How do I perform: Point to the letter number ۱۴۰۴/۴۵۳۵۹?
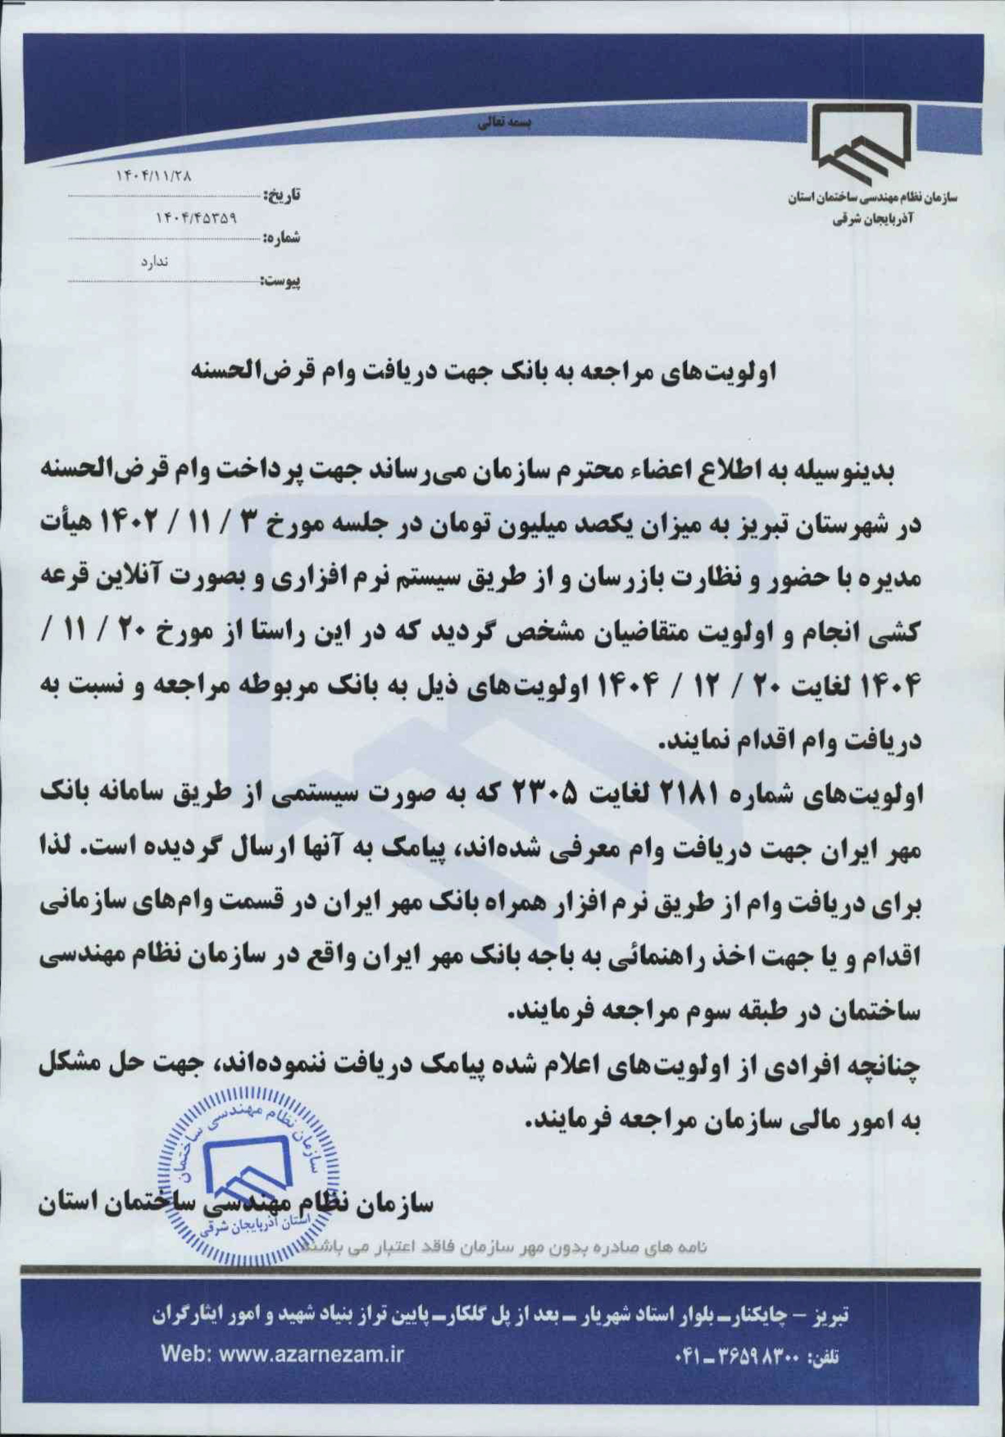coord(195,219)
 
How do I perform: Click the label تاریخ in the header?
coord(282,196)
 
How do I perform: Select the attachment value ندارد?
coord(150,262)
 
